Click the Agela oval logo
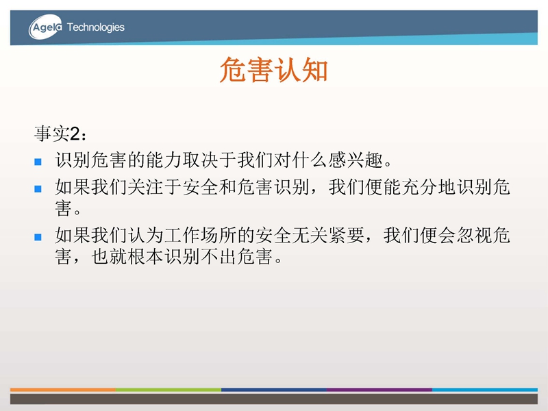[x=45, y=27]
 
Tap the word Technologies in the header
[x=95, y=27]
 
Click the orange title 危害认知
[x=273, y=70]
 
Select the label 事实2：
[x=60, y=134]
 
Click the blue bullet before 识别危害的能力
[x=38, y=162]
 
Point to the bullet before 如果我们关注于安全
[x=38, y=189]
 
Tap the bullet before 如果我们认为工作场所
[x=38, y=237]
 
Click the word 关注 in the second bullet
[x=146, y=187]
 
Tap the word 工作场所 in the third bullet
[x=201, y=235]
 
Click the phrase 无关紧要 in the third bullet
[x=328, y=235]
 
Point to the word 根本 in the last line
[x=146, y=257]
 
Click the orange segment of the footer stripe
[x=63, y=389]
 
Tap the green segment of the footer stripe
[x=169, y=389]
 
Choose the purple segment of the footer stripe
[x=379, y=389]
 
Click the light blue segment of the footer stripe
[x=485, y=389]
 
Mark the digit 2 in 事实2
[x=75, y=134]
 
